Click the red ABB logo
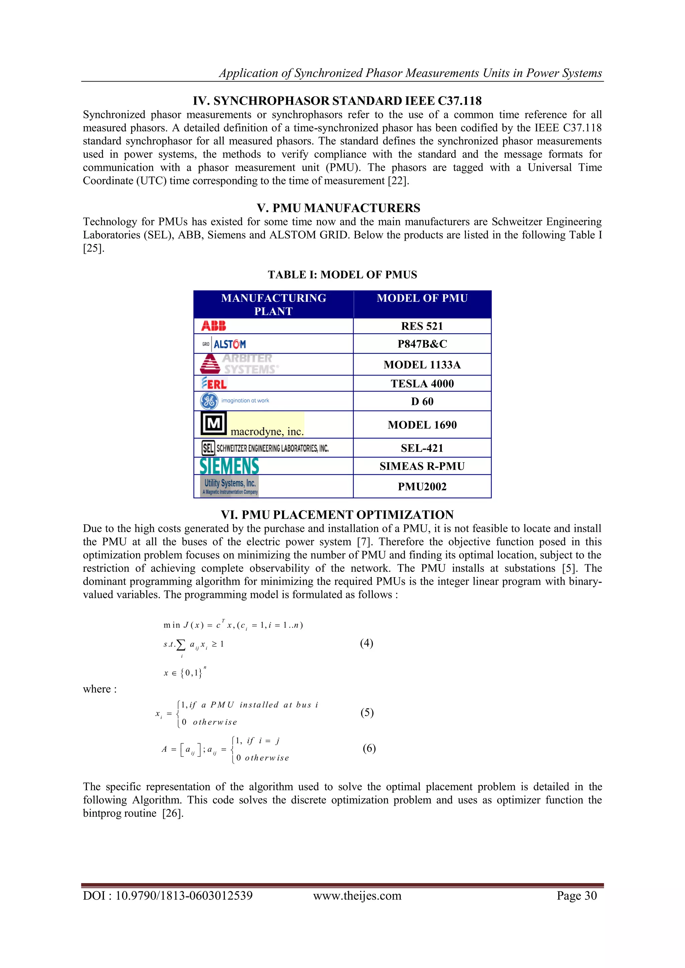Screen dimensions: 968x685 point(213,326)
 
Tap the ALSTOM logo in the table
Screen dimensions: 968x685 point(224,344)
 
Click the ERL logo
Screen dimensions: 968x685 point(214,383)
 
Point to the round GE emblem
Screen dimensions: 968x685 point(209,401)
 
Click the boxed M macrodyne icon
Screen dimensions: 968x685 point(213,423)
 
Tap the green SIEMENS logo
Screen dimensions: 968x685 point(229,466)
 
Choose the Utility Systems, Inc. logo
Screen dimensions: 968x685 point(229,486)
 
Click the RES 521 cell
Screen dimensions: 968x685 point(422,326)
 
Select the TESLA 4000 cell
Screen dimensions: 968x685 point(422,384)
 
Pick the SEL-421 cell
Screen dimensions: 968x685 point(422,448)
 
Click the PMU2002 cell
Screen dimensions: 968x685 point(422,487)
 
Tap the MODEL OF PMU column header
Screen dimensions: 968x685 point(422,298)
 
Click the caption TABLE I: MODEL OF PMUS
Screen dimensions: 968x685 point(342,275)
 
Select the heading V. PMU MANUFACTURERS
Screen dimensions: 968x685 point(338,208)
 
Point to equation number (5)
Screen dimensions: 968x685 point(367,713)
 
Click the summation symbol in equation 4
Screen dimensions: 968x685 point(181,645)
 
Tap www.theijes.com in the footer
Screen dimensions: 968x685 point(357,895)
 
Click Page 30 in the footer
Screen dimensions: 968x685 point(576,895)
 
